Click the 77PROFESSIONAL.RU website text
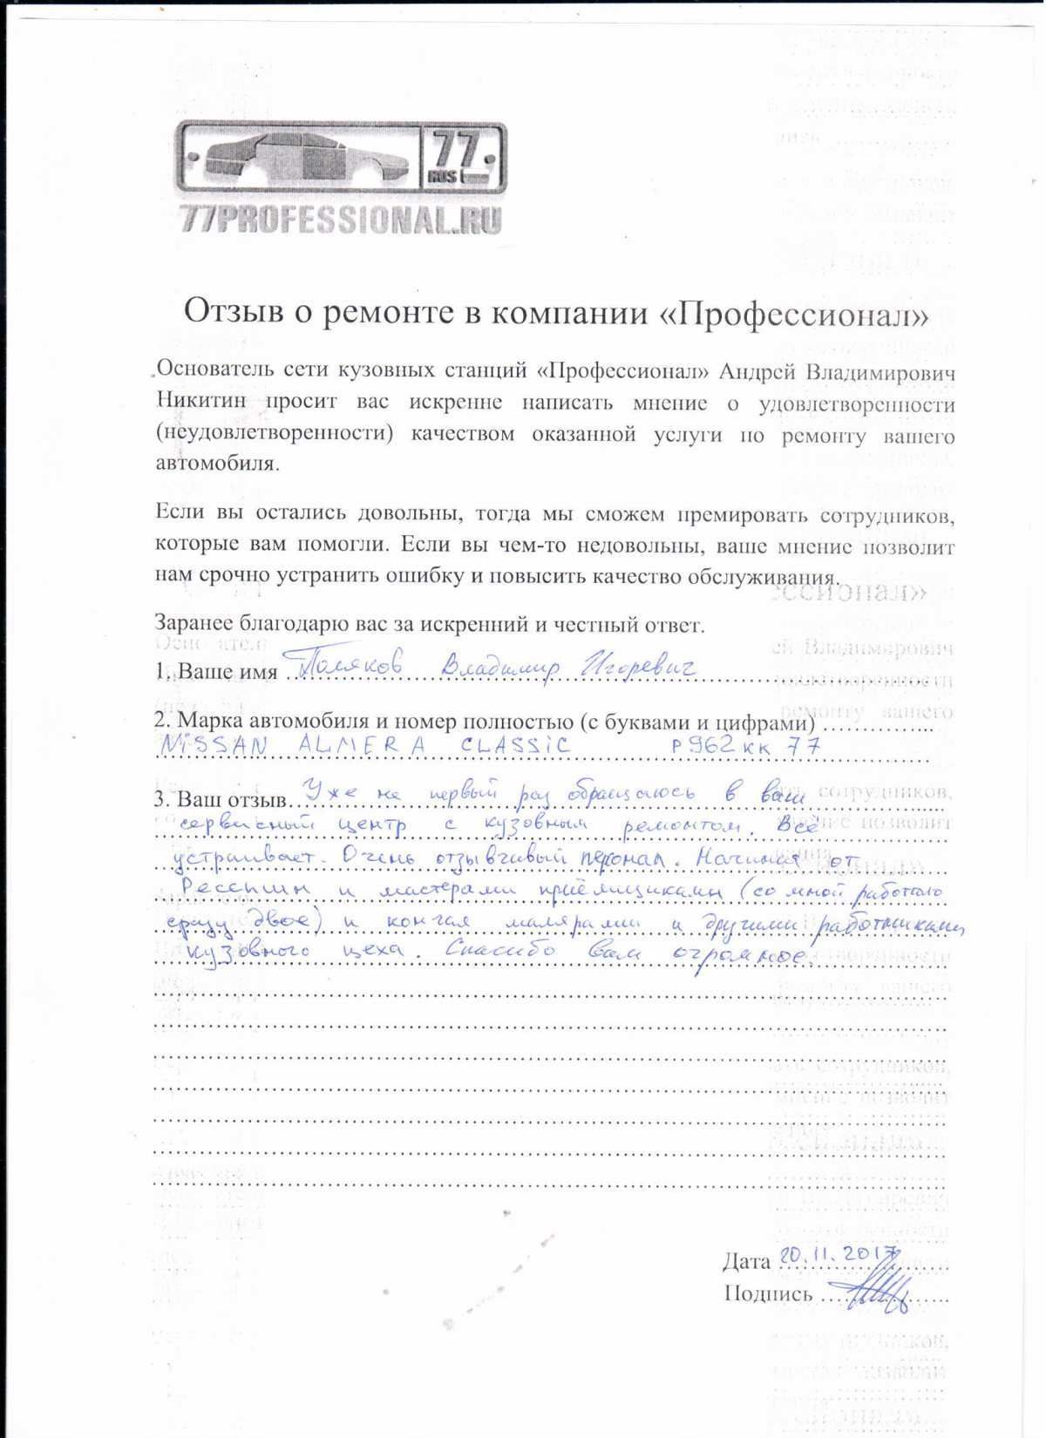(x=341, y=220)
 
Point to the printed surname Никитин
(x=201, y=403)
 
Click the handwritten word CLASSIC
(x=515, y=745)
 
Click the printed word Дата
(x=746, y=1261)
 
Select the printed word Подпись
(x=767, y=1294)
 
